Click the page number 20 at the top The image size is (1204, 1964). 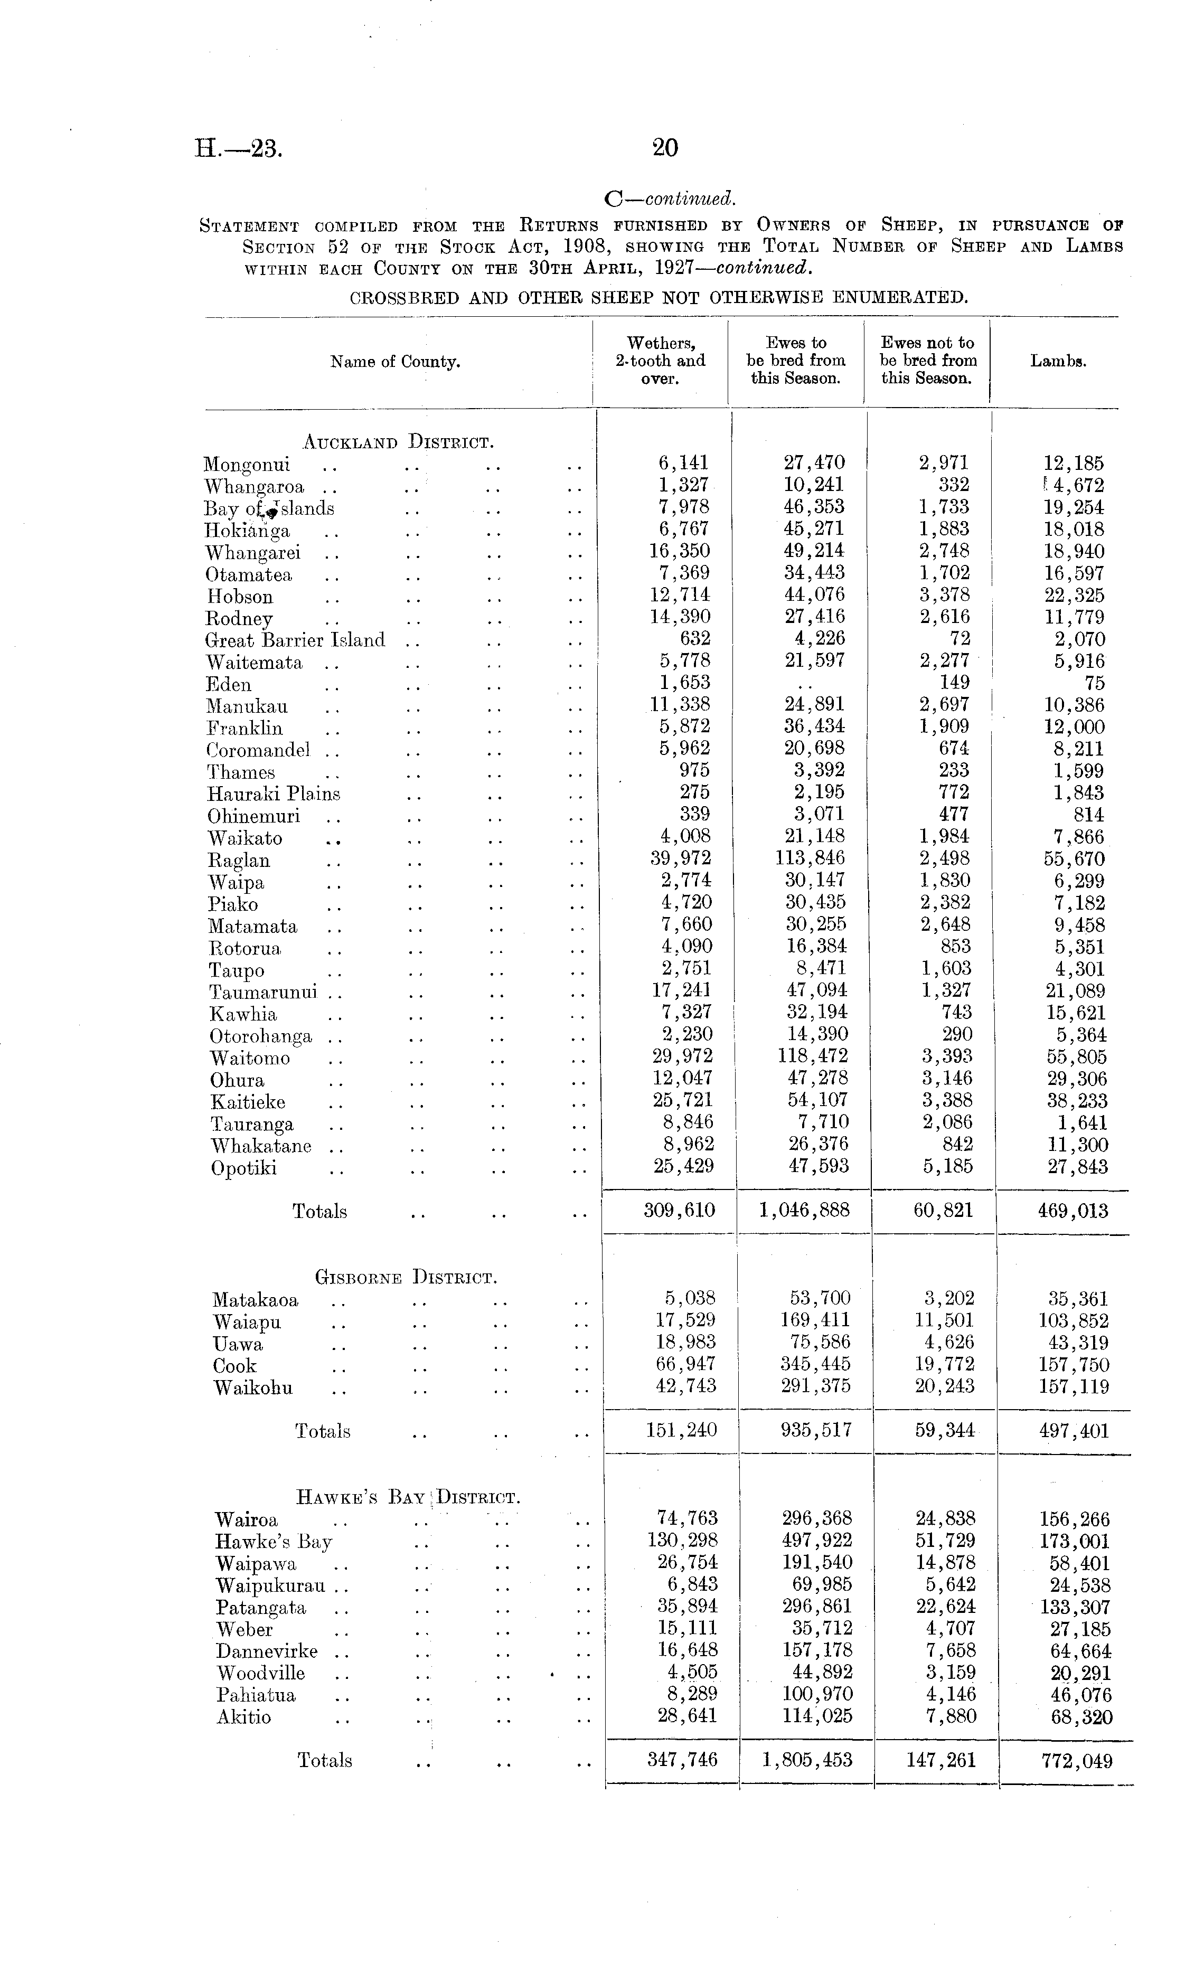pos(665,147)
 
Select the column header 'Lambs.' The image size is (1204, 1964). pos(1058,361)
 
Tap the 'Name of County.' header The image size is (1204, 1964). pos(396,362)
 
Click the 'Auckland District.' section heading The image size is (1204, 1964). pos(399,441)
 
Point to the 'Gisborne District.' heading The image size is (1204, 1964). pos(406,1278)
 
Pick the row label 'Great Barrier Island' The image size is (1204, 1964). pos(295,640)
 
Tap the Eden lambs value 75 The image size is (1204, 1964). pos(1094,683)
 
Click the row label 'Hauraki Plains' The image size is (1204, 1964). pos(274,794)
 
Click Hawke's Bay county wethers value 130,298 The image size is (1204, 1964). pos(682,1541)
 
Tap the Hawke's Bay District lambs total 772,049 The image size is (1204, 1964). pos(1076,1760)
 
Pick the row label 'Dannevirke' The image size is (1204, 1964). pos(266,1651)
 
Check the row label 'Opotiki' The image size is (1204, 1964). pos(243,1168)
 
